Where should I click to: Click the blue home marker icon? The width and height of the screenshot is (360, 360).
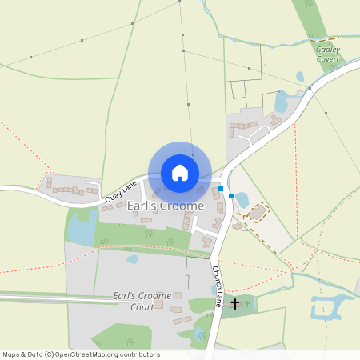[180, 173]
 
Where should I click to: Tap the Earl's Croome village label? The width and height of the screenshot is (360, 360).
[164, 206]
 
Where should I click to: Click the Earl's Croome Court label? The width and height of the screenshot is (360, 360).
[142, 301]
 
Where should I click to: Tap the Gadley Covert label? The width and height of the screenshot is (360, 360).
[327, 54]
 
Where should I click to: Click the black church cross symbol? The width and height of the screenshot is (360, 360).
[235, 303]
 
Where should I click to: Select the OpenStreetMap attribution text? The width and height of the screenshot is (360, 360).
[81, 354]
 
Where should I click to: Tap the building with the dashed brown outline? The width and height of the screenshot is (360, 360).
[258, 213]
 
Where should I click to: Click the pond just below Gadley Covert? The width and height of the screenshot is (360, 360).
[300, 78]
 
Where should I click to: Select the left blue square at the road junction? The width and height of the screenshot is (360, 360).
[221, 189]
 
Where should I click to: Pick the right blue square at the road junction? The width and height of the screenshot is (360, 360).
[231, 195]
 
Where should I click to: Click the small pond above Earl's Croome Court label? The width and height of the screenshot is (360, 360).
[132, 259]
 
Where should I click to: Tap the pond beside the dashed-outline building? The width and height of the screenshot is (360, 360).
[242, 200]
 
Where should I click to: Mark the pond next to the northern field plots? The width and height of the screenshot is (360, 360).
[281, 102]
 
